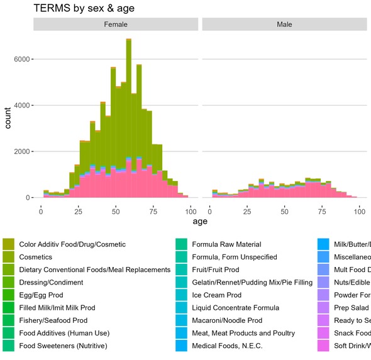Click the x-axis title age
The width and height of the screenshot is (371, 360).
(200, 221)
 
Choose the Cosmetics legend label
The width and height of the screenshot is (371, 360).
(35, 257)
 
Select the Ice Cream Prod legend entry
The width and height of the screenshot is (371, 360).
(216, 295)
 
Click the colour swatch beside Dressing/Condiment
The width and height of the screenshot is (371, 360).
(8, 282)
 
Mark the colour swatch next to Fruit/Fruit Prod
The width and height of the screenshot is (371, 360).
(181, 270)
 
